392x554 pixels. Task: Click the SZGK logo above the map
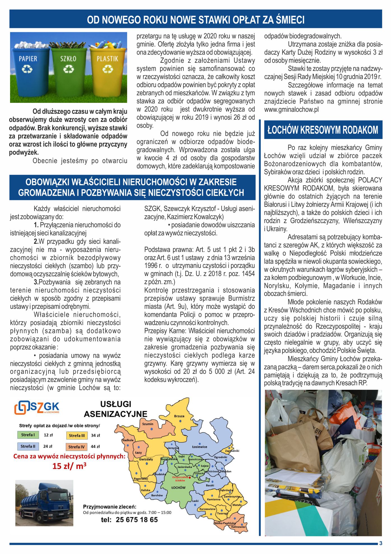[x=37, y=407]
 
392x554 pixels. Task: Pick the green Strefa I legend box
[x=28, y=435]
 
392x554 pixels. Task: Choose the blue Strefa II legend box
[x=28, y=446]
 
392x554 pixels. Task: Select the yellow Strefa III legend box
[x=77, y=435]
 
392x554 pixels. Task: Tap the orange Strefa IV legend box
[x=76, y=447]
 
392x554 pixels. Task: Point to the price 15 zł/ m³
[x=69, y=466]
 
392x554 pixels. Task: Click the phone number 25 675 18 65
[x=137, y=520]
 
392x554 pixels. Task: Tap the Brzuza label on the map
[x=179, y=416]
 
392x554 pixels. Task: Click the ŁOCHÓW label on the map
[x=178, y=488]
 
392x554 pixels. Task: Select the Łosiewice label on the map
[x=200, y=447]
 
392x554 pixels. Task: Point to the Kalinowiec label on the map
[x=238, y=527]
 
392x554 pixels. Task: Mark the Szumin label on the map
[x=148, y=424]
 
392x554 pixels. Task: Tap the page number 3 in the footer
[x=381, y=543]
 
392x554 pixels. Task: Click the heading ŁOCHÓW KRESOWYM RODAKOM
[x=323, y=130]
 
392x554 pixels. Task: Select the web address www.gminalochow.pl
[x=291, y=110]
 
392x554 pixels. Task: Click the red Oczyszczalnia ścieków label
[x=180, y=479]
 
